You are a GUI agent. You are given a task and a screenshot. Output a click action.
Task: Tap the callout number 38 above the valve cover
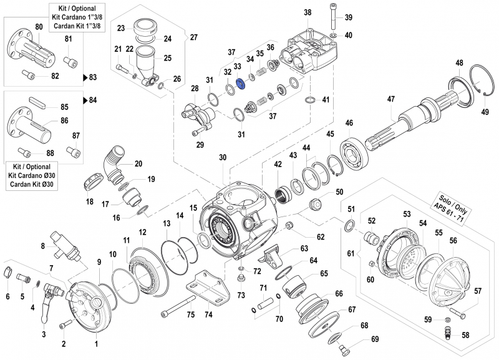[x=308, y=13]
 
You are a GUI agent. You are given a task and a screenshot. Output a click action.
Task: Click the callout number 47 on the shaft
[x=391, y=99]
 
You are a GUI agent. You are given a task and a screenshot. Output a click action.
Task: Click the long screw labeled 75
[x=180, y=309]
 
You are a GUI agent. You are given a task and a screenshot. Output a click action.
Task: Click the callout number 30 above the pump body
[x=223, y=158]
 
